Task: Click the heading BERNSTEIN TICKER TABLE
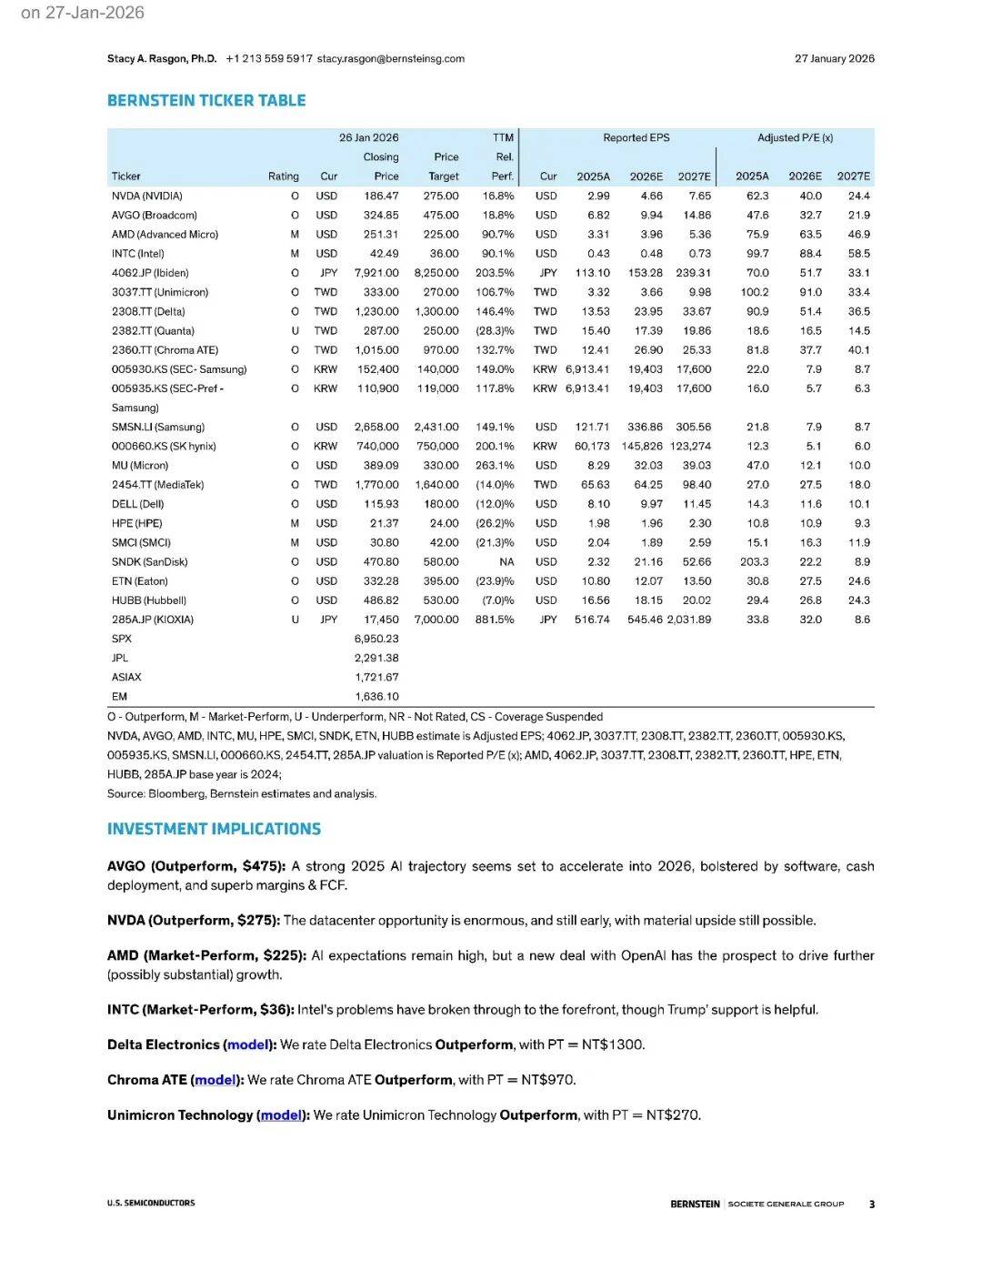pyautogui.click(x=206, y=101)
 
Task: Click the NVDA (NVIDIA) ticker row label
pyautogui.click(x=147, y=196)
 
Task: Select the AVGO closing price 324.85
pyautogui.click(x=381, y=216)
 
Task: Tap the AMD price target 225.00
pyautogui.click(x=441, y=235)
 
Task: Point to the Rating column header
pyautogui.click(x=283, y=177)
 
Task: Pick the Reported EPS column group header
pyautogui.click(x=636, y=138)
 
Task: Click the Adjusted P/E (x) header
pyautogui.click(x=795, y=138)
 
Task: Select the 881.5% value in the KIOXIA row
pyautogui.click(x=495, y=620)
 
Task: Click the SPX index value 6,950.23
pyautogui.click(x=376, y=639)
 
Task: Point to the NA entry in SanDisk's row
pyautogui.click(x=506, y=562)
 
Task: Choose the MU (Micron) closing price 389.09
pyautogui.click(x=381, y=466)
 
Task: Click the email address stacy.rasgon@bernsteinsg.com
pyautogui.click(x=391, y=59)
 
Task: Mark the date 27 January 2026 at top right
pyautogui.click(x=834, y=59)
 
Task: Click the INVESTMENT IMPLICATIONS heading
pyautogui.click(x=214, y=830)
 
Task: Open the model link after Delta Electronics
pyautogui.click(x=248, y=1044)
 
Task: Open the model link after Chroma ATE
pyautogui.click(x=215, y=1080)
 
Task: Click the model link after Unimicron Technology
pyautogui.click(x=281, y=1115)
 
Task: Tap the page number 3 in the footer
pyautogui.click(x=871, y=1204)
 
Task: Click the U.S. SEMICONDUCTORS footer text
pyautogui.click(x=151, y=1203)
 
